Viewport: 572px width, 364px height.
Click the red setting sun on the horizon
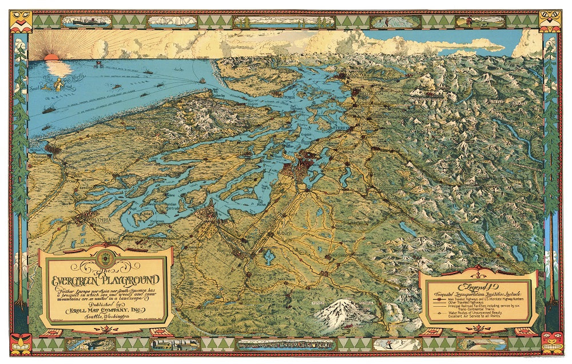pos(50,57)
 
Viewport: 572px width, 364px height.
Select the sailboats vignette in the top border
pos(169,22)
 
